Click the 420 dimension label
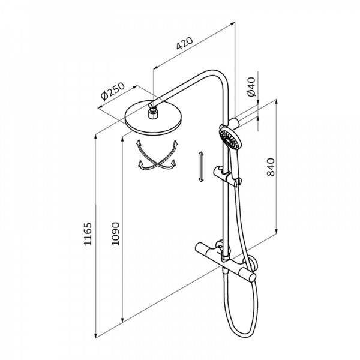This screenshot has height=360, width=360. pos(185,43)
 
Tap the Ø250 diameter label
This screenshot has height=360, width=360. pos(113,91)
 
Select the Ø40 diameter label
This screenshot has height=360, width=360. pos(251,87)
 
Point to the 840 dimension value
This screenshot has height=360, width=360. pos(271,167)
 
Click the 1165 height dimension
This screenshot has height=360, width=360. pos(88,234)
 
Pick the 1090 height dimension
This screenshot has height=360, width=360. pos(115,234)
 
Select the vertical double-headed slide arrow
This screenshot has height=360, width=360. pos(201,167)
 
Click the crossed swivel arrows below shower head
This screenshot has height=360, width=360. pos(157,155)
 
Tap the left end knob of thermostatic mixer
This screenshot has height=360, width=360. pos(200,247)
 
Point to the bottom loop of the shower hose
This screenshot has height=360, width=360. pos(241,331)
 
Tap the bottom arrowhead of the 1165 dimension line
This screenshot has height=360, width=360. pos(96,335)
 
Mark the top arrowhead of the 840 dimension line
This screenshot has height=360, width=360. pos(277,103)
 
